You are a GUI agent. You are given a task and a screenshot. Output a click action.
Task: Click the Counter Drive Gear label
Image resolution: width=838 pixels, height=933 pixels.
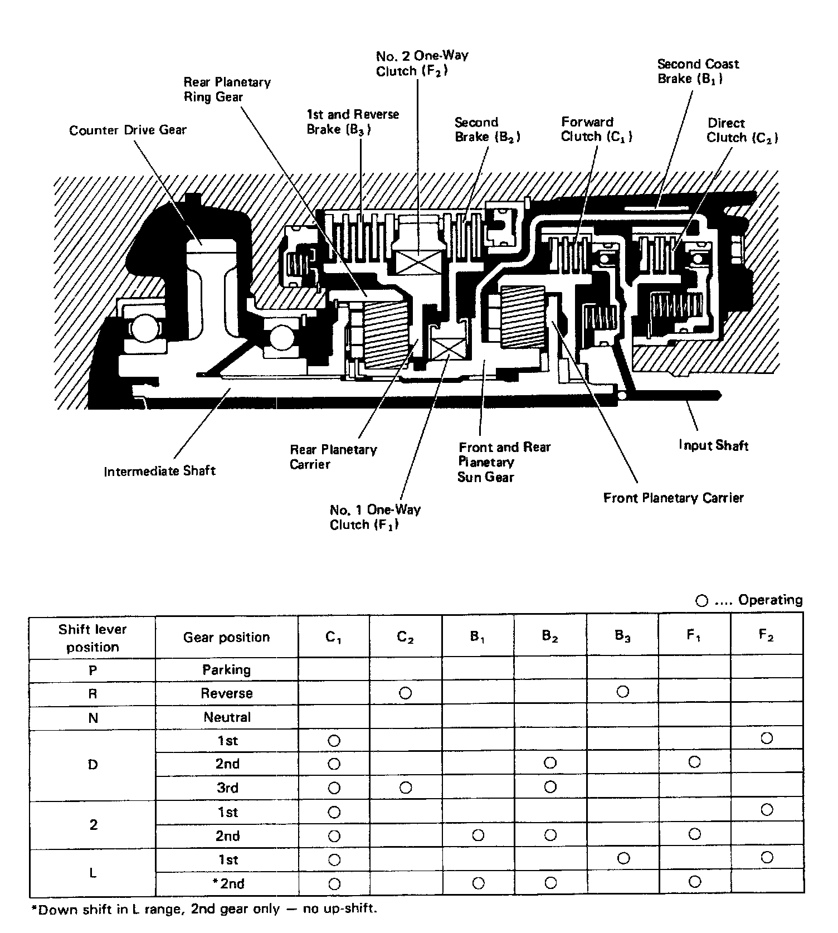tap(128, 130)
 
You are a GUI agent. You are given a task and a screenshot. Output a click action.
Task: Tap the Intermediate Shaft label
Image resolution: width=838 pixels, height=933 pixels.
tap(159, 471)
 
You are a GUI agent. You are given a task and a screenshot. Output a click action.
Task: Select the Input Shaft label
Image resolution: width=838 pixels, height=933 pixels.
tap(713, 445)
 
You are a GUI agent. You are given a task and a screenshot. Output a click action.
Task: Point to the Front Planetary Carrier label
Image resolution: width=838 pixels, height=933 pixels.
tap(673, 498)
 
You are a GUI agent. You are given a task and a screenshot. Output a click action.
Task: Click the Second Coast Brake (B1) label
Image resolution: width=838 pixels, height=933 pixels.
tap(698, 71)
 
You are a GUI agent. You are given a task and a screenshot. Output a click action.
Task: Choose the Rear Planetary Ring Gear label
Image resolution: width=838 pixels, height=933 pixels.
tap(227, 90)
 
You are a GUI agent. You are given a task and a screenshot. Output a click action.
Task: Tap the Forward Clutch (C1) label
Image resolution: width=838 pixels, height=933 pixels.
tap(596, 129)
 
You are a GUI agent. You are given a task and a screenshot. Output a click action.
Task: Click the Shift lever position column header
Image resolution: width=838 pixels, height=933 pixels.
tap(92, 638)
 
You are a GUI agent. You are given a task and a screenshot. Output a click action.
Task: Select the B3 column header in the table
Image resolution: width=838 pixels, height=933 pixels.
tap(622, 636)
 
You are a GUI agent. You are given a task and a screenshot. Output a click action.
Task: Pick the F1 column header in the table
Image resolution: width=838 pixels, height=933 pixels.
tap(694, 636)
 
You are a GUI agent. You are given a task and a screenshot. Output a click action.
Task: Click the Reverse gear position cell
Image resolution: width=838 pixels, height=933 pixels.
tap(227, 693)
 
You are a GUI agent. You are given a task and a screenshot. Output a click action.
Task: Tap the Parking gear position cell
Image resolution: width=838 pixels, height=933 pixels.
tap(227, 669)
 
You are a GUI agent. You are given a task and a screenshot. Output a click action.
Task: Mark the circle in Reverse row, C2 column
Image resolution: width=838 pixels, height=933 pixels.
tap(405, 693)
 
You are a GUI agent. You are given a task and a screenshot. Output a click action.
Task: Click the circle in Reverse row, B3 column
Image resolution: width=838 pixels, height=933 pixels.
tap(623, 692)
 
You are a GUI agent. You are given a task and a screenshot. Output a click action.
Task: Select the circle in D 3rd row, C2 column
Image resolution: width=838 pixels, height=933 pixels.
tap(405, 788)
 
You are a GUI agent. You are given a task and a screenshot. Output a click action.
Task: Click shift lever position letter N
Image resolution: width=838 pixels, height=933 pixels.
tap(92, 718)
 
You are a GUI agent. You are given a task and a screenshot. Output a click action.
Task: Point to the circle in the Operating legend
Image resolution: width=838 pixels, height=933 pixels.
tap(701, 601)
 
